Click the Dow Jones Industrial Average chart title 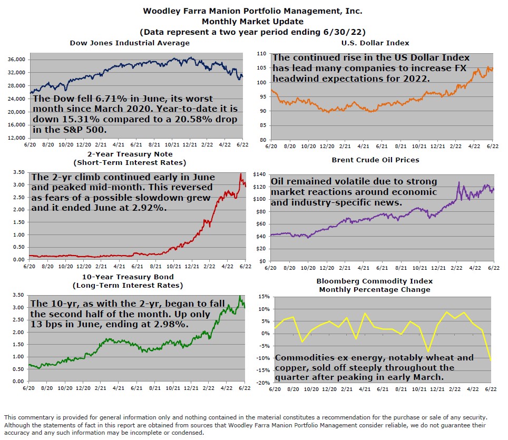(130, 43)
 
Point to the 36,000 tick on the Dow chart (17, 60)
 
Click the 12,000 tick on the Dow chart (17, 138)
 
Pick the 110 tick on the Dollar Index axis (260, 54)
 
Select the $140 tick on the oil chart (259, 174)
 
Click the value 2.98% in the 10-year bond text (170, 324)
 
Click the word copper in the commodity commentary (292, 368)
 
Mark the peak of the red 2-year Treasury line (241, 174)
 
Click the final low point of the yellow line (492, 361)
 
